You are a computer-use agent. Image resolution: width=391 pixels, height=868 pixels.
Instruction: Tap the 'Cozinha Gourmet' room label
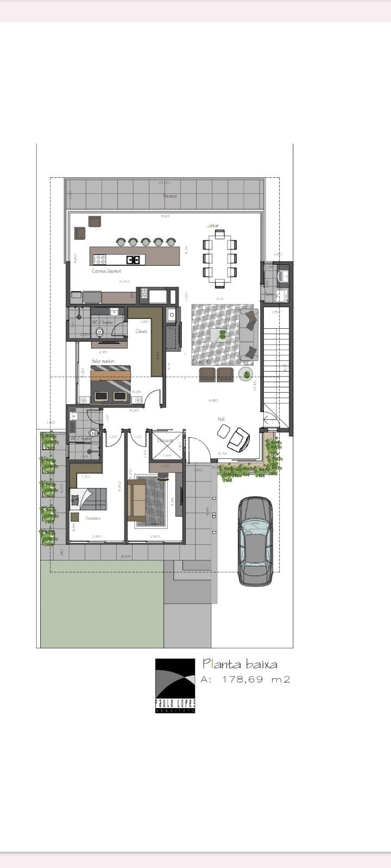(106, 271)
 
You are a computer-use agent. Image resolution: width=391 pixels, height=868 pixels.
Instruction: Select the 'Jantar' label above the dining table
(213, 225)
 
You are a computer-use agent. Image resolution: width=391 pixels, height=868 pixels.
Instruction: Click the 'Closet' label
(141, 331)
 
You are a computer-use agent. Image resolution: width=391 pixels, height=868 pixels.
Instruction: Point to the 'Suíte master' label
(103, 361)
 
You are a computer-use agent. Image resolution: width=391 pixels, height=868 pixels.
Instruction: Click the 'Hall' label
(221, 419)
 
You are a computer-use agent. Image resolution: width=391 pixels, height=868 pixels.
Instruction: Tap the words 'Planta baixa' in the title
(239, 663)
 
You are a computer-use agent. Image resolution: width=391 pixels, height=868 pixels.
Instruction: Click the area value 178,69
(242, 679)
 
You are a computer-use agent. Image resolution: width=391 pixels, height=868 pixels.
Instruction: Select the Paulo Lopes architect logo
(175, 685)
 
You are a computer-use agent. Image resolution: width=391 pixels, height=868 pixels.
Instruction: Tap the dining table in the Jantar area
(219, 258)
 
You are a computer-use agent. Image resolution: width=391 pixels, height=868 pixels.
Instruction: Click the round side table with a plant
(247, 374)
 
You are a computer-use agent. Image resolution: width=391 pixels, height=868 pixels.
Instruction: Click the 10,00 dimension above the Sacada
(165, 183)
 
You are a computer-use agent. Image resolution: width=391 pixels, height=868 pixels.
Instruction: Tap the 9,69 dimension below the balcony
(165, 216)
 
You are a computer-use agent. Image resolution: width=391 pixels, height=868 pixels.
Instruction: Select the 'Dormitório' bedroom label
(93, 519)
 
